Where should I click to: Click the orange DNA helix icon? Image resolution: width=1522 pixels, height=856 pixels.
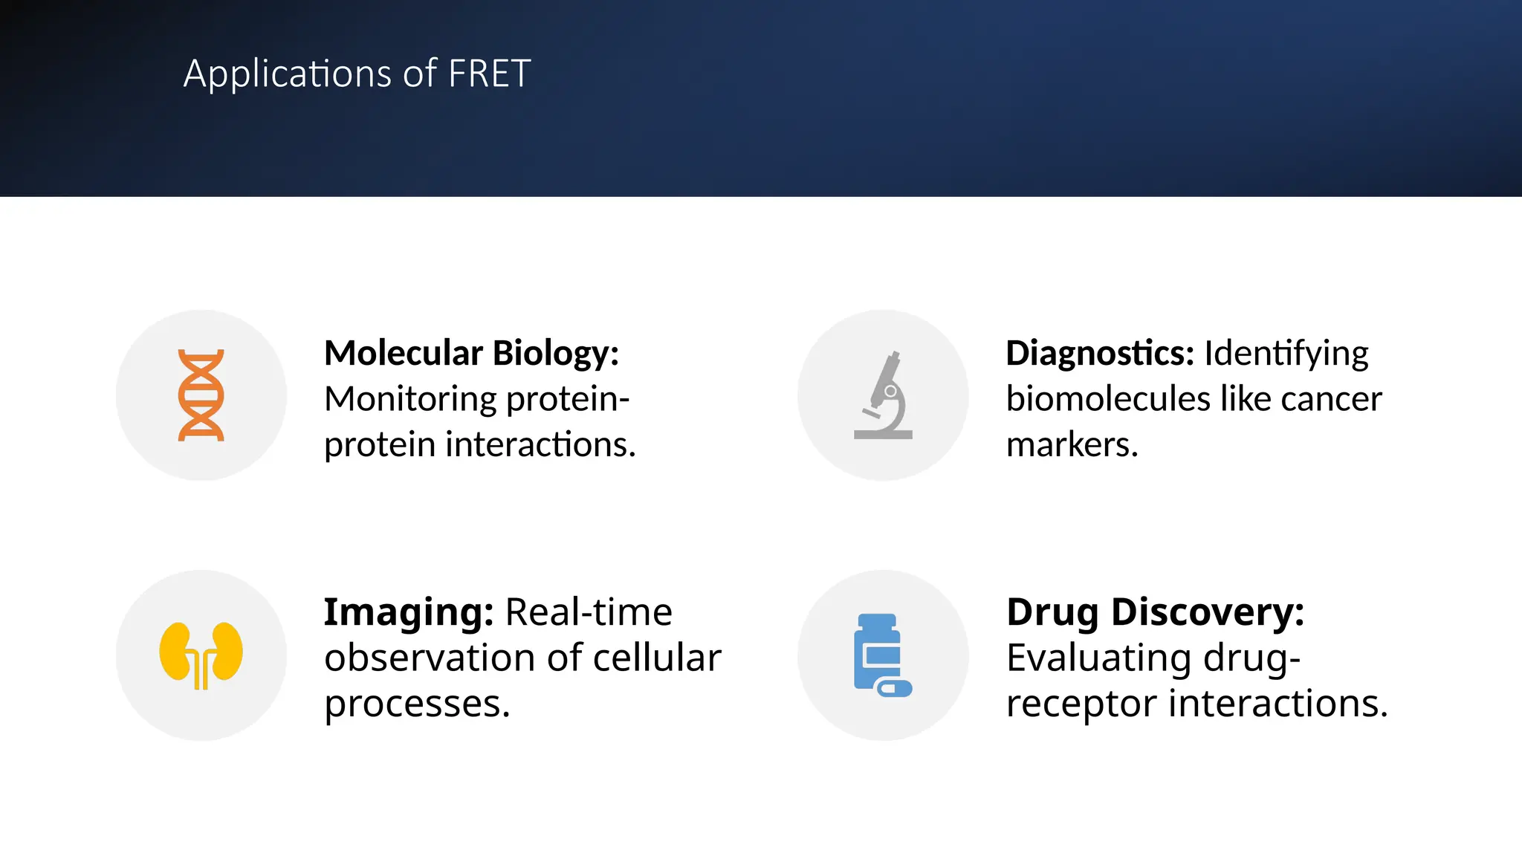[201, 395]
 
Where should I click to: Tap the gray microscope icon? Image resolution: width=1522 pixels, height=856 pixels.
[884, 396]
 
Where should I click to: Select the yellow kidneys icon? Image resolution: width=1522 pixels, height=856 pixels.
[201, 655]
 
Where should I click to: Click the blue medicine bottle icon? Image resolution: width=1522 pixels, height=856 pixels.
[881, 655]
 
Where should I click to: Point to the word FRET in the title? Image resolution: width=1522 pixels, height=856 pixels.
[490, 74]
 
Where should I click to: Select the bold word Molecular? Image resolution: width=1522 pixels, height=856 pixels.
[404, 353]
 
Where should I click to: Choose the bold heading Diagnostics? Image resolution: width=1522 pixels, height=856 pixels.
[1099, 354]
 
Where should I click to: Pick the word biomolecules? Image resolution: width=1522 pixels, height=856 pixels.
[1108, 400]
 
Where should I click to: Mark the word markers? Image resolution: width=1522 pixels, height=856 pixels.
[1072, 445]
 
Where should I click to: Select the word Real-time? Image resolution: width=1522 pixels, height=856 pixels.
[589, 613]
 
